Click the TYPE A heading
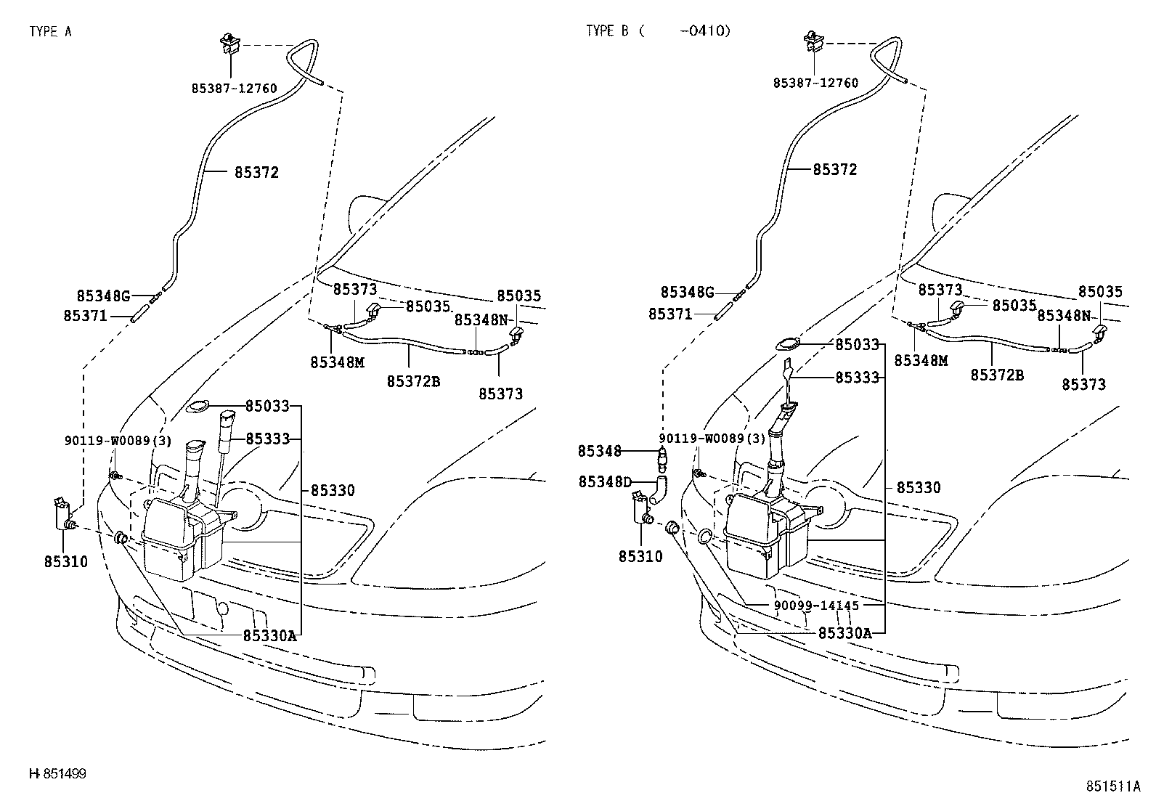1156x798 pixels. (51, 31)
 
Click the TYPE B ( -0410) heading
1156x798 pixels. (658, 31)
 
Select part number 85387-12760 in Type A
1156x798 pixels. (235, 88)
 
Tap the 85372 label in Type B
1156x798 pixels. (835, 170)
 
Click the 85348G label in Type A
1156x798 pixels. (103, 296)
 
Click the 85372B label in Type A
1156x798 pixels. (413, 380)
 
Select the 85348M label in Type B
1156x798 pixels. (921, 361)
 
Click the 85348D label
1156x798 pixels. (605, 481)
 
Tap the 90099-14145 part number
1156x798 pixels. (817, 605)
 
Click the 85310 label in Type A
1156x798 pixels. (66, 561)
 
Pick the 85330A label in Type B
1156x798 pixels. (844, 633)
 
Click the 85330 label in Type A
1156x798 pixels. (333, 491)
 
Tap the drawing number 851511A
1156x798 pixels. (1113, 786)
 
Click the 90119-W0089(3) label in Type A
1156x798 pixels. (118, 440)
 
